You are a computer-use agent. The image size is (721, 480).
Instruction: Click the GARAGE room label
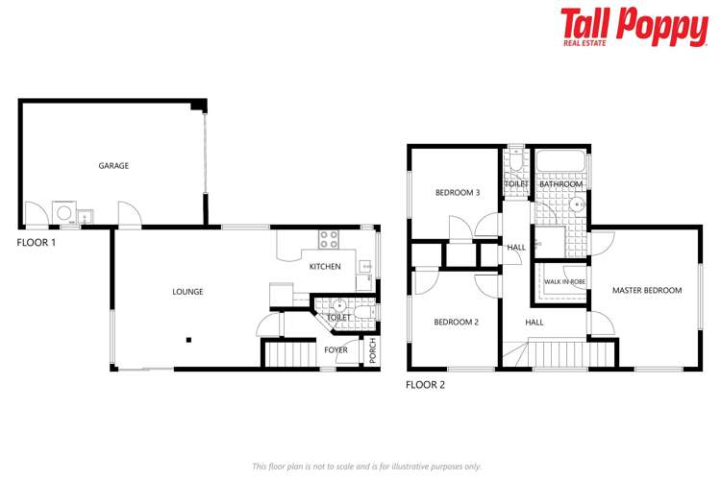click(113, 166)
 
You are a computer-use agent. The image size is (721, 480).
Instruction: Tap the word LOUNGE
click(187, 292)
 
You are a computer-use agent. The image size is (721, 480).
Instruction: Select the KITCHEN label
click(325, 266)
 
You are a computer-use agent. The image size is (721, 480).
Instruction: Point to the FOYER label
click(336, 349)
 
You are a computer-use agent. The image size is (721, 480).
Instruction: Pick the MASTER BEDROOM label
click(647, 290)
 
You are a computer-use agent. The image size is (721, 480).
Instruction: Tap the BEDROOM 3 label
click(458, 193)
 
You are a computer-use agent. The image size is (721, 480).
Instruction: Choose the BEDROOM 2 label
click(456, 322)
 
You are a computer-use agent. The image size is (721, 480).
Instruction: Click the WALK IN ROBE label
click(564, 281)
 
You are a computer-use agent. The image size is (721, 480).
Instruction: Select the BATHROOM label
click(561, 183)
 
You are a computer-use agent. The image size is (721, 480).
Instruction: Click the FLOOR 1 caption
click(37, 243)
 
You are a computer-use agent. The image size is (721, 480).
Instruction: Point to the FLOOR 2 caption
click(425, 385)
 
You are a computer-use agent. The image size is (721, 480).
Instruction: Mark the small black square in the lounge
click(189, 339)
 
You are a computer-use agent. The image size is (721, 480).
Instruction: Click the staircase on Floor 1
click(284, 354)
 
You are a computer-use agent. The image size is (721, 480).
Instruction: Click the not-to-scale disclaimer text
click(366, 466)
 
